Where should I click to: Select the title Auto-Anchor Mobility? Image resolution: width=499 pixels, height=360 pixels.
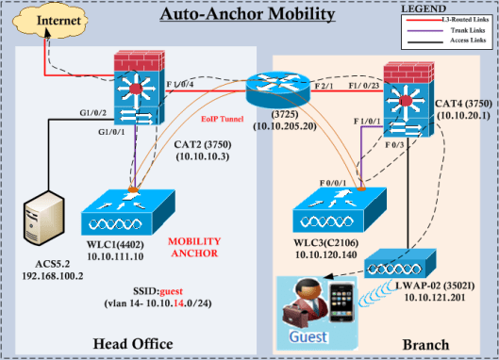pyautogui.click(x=247, y=15)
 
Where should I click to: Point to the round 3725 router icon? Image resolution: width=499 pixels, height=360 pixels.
pyautogui.click(x=270, y=93)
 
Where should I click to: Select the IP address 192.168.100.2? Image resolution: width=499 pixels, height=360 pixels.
pyautogui.click(x=41, y=276)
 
